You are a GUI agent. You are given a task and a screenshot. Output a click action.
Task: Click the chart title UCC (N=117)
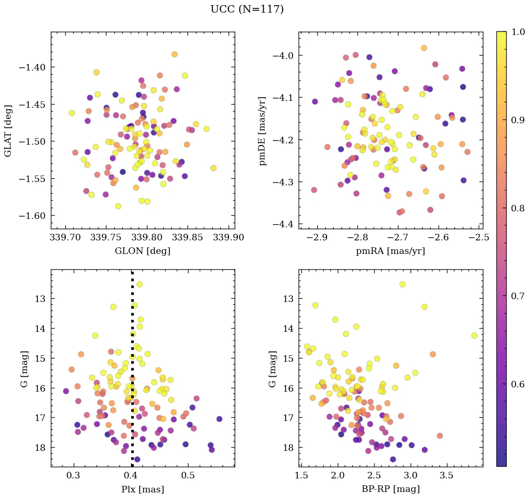pyautogui.click(x=247, y=9)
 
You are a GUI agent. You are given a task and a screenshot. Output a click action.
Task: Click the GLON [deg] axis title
pyautogui.click(x=142, y=251)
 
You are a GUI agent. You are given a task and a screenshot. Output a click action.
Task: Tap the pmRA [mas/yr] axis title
pyautogui.click(x=390, y=251)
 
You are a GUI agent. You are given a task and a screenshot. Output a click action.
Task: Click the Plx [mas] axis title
pyautogui.click(x=142, y=489)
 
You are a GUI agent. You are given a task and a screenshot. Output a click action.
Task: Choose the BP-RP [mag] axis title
pyautogui.click(x=390, y=489)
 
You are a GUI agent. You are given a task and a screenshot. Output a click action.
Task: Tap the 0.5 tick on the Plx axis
pyautogui.click(x=188, y=476)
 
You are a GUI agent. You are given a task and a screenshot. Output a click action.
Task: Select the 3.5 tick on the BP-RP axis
pyautogui.click(x=446, y=476)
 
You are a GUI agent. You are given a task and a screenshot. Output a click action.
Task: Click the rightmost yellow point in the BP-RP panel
pyautogui.click(x=474, y=336)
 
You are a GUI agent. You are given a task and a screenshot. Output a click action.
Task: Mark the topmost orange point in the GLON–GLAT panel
pyautogui.click(x=174, y=54)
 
